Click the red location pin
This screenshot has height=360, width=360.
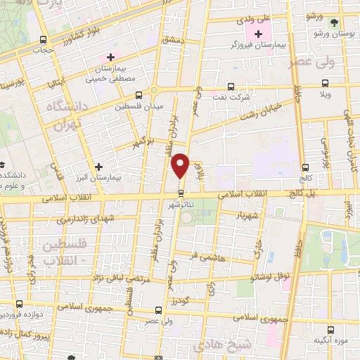click(x=181, y=165)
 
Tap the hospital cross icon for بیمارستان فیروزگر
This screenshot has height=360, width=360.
click(x=259, y=34)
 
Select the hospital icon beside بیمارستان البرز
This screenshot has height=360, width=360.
click(x=99, y=167)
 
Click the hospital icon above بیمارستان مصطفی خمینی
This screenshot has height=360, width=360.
click(x=110, y=57)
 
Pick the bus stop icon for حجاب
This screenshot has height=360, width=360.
click(x=44, y=39)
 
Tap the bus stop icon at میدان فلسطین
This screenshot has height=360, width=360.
click(x=139, y=94)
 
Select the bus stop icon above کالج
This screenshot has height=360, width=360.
click(x=306, y=167)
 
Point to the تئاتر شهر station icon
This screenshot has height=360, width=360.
click(x=181, y=192)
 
